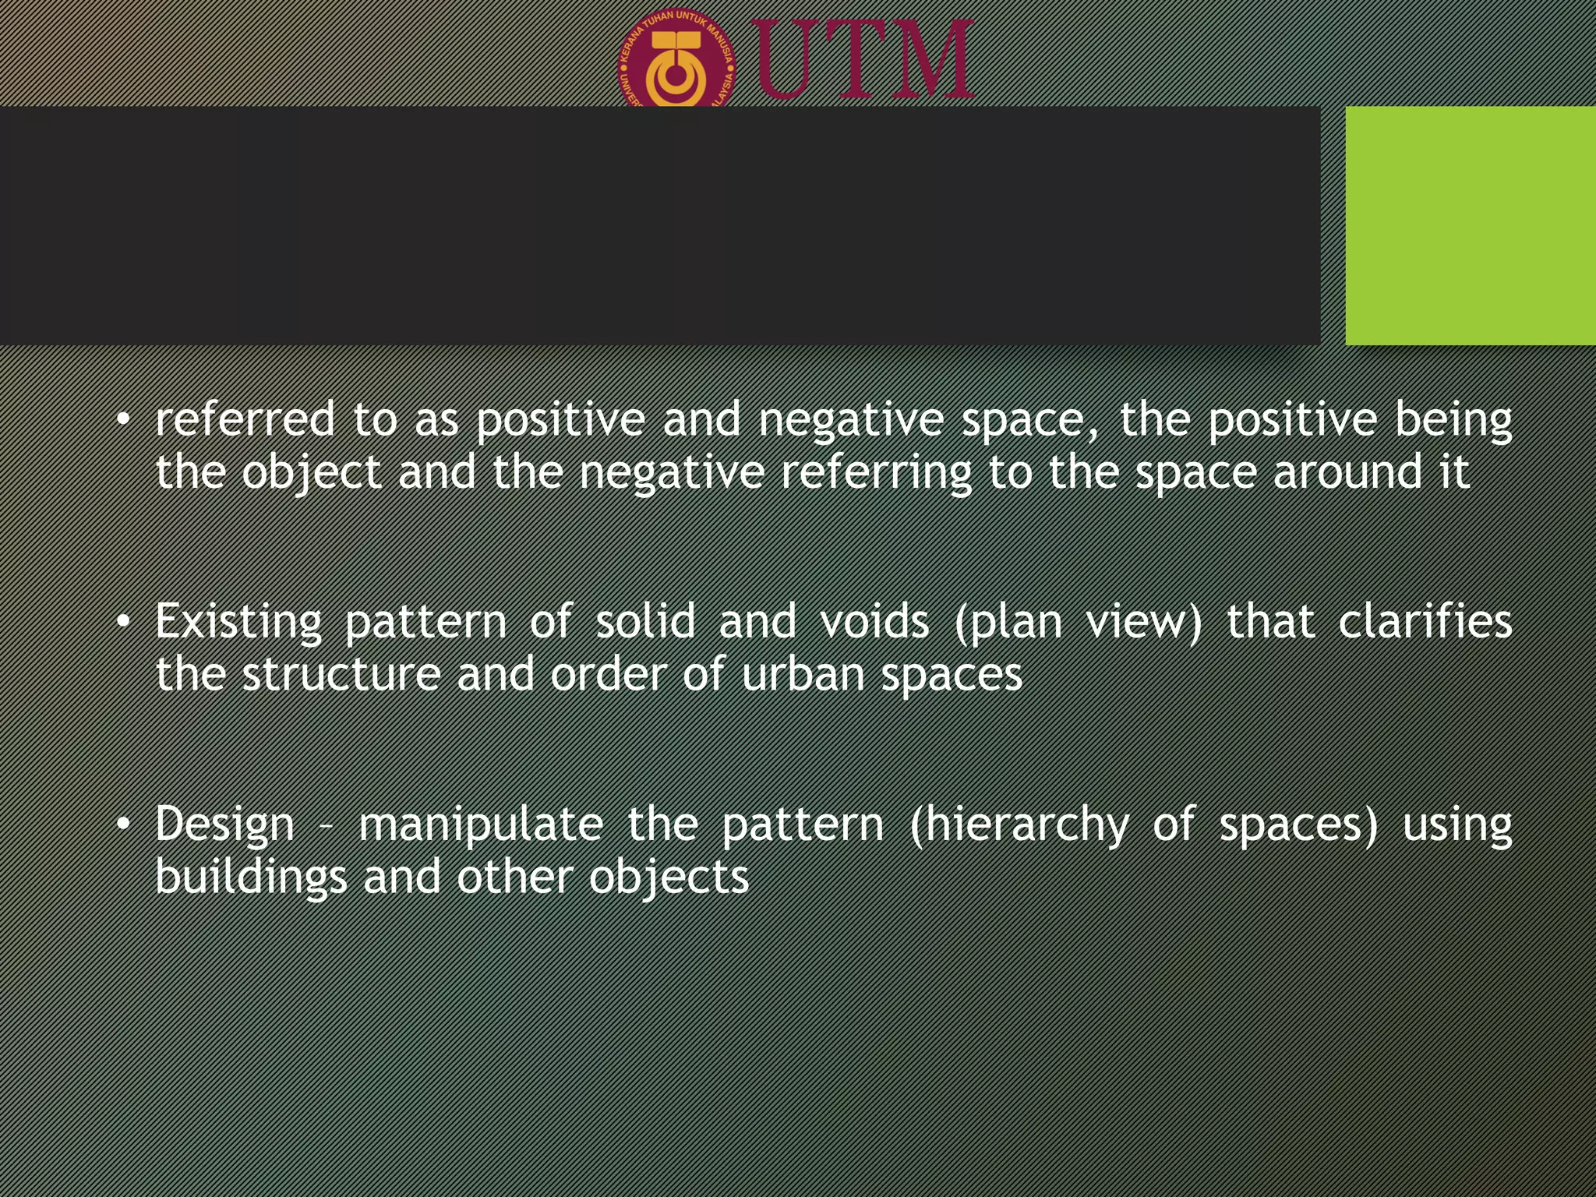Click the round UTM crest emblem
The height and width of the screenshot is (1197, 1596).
point(676,62)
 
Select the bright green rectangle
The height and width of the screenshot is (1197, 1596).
point(1470,225)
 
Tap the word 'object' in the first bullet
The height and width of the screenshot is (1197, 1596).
point(311,473)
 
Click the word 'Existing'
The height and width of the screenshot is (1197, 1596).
point(238,623)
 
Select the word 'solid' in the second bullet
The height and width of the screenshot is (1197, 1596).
point(645,621)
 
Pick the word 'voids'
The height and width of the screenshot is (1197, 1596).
point(874,621)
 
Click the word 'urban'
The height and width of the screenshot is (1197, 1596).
point(802,674)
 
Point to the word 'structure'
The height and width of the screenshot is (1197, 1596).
point(341,674)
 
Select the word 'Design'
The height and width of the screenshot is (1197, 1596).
point(225,824)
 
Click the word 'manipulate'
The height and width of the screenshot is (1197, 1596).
point(481,824)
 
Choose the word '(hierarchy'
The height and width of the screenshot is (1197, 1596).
point(1019,824)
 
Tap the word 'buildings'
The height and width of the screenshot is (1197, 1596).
point(251,877)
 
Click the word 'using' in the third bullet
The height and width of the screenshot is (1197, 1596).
point(1457,824)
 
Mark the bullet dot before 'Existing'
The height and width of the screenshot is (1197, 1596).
point(122,621)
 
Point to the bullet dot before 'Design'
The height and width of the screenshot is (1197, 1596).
point(122,823)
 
